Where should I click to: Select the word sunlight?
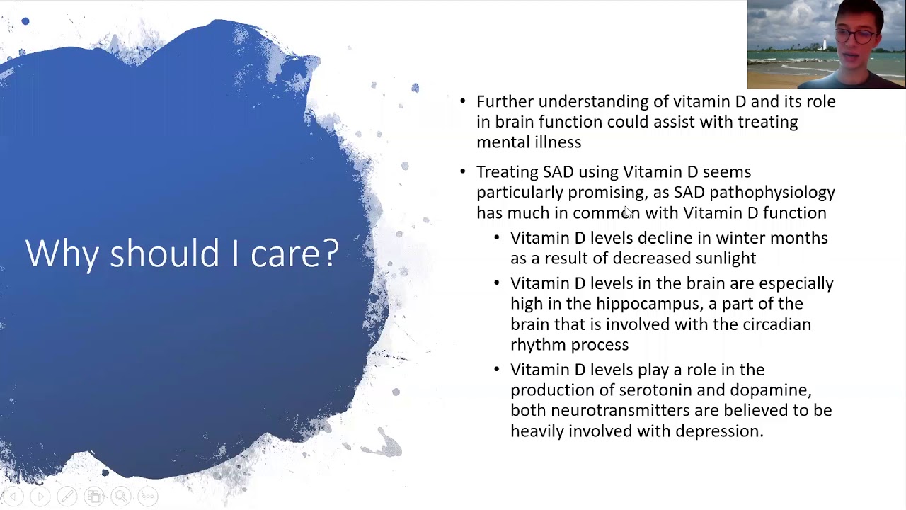coord(726,259)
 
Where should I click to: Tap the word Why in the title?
coord(62,254)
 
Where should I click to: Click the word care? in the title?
coord(295,254)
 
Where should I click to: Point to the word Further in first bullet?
coord(505,101)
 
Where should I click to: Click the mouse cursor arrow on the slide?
coord(628,212)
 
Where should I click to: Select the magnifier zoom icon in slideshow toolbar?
coord(120,496)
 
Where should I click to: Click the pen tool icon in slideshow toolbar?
coord(67,496)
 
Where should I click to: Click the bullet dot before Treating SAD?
coord(463,171)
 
